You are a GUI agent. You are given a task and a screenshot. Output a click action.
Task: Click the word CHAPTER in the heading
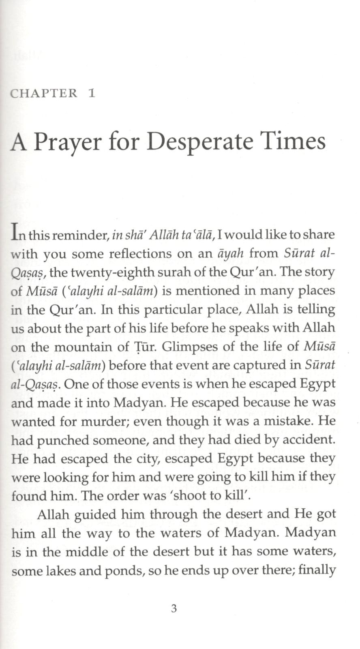pyautogui.click(x=44, y=93)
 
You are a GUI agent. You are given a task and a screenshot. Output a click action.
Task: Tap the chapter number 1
pyautogui.click(x=92, y=93)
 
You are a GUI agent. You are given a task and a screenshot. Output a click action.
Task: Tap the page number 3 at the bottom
pyautogui.click(x=174, y=608)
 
